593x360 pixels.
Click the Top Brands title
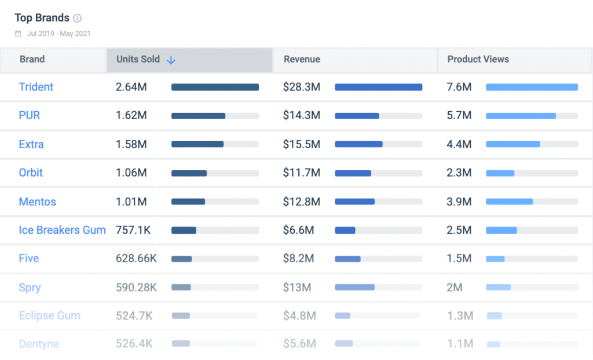[x=42, y=18]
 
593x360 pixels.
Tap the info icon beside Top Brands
[x=78, y=19]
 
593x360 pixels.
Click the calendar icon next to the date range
[x=19, y=34]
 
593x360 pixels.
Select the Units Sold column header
[x=138, y=59]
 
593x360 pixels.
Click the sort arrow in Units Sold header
[x=171, y=60]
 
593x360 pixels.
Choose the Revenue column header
[x=302, y=59]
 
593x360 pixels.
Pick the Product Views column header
[x=478, y=59]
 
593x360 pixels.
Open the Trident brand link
[x=36, y=87]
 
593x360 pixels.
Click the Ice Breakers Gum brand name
[x=62, y=230]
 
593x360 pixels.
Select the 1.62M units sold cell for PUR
[x=131, y=115]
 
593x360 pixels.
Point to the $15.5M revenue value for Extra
[x=301, y=144]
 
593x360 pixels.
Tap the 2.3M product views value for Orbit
[x=459, y=172]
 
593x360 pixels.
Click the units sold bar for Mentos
[x=188, y=201]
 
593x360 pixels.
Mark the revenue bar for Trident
[x=378, y=87]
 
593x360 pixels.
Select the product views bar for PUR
[x=521, y=116]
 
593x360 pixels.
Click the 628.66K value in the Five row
[x=136, y=259]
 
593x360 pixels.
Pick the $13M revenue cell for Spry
[x=297, y=287]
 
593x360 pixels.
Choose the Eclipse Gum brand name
[x=49, y=315]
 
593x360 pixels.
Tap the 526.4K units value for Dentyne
[x=134, y=344]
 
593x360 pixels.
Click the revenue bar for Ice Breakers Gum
[x=345, y=230]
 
